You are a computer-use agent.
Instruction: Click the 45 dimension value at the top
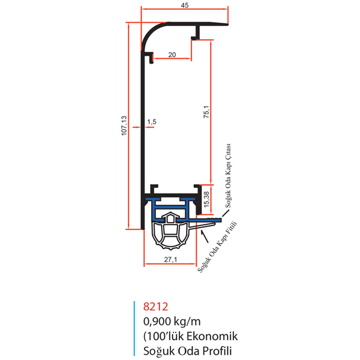[185, 5]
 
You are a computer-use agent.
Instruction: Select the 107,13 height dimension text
[124, 125]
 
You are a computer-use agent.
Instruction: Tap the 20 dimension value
[172, 55]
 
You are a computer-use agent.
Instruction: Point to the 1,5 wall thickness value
[152, 122]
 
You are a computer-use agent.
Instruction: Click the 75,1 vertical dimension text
[206, 112]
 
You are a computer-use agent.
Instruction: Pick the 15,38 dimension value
[206, 199]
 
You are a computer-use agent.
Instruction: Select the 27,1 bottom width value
[170, 259]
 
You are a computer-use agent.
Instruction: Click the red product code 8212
[155, 307]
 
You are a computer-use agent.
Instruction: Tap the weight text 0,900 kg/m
[172, 322]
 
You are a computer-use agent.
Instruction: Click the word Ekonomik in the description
[212, 337]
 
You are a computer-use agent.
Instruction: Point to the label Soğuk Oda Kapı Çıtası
[228, 176]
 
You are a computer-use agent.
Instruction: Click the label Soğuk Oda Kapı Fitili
[217, 247]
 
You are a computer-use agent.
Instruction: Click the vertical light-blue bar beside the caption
[134, 328]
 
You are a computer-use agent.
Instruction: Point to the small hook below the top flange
[196, 33]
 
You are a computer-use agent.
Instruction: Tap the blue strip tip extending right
[218, 220]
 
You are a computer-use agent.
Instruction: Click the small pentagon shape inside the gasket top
[170, 218]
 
